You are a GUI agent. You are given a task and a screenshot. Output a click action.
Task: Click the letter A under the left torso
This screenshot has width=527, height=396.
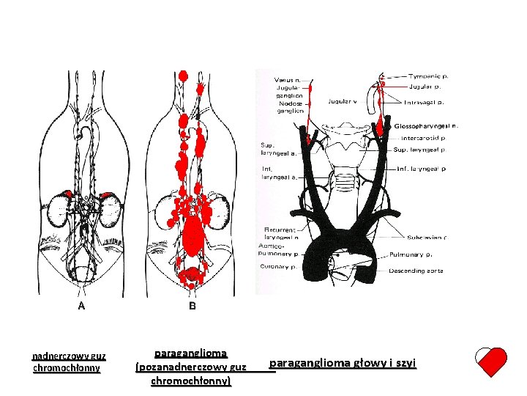[x=81, y=306]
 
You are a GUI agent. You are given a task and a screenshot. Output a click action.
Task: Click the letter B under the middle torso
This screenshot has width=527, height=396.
[x=193, y=306]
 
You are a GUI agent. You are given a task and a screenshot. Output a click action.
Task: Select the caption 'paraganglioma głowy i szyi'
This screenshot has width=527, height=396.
[x=343, y=363]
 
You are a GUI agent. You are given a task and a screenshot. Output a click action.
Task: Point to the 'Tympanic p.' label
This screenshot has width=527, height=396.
[x=429, y=76]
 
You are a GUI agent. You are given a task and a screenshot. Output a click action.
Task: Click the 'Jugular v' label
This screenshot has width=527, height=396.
[x=343, y=101]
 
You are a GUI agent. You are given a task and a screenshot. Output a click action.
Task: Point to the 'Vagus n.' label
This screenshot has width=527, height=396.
[x=287, y=79]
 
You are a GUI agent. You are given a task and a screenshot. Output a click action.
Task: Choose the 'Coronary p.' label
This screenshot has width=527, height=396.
[x=277, y=266]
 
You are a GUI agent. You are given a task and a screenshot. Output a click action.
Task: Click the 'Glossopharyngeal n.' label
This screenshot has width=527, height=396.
[x=426, y=125]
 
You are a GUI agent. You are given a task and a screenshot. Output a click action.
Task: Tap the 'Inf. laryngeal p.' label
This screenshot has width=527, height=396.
[x=421, y=169]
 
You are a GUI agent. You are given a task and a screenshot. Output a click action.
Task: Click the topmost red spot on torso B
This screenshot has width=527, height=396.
[x=183, y=76]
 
